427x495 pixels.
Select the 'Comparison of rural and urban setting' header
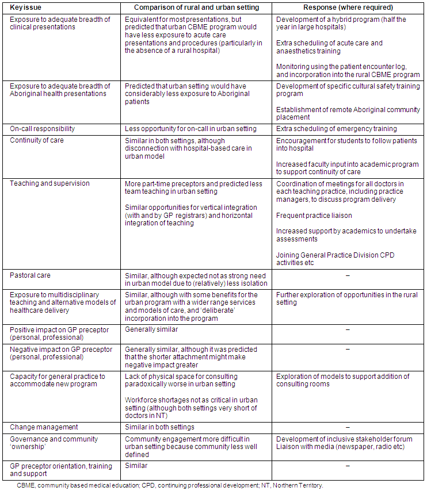[x=196, y=7]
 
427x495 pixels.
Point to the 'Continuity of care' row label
[x=37, y=140]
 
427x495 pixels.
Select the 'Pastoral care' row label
[x=30, y=275]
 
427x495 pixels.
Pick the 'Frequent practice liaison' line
[x=314, y=216]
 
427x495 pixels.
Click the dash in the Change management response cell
[x=348, y=428]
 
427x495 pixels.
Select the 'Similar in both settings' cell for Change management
[x=160, y=427]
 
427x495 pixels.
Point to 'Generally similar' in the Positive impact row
[x=151, y=330]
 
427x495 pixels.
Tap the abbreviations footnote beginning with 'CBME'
[x=170, y=485]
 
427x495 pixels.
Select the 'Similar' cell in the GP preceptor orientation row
[x=136, y=466]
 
